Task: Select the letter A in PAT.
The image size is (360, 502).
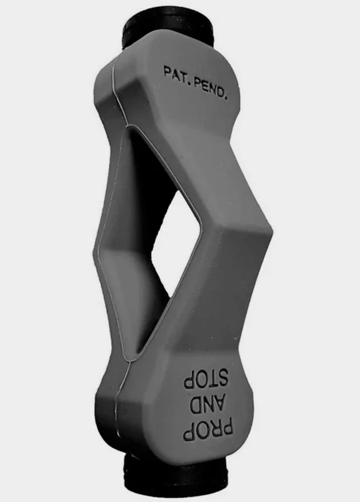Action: pyautogui.click(x=176, y=74)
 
